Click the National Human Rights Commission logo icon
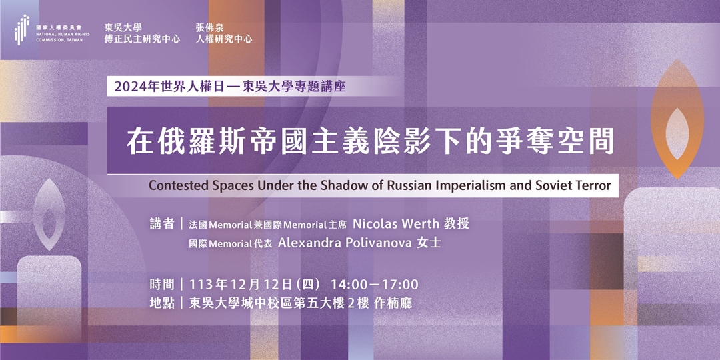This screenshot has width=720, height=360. point(23,30)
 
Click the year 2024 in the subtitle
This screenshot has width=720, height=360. point(129,87)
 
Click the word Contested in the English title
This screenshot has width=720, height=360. point(177,185)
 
